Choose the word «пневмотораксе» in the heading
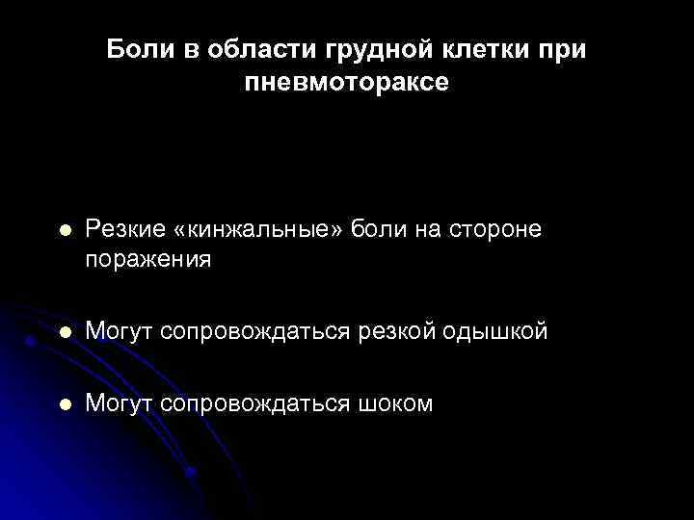(346, 83)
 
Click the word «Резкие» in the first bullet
(126, 229)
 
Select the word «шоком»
(396, 403)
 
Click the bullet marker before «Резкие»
(64, 231)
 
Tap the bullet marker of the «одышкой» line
(64, 332)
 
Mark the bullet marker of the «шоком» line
(64, 404)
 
